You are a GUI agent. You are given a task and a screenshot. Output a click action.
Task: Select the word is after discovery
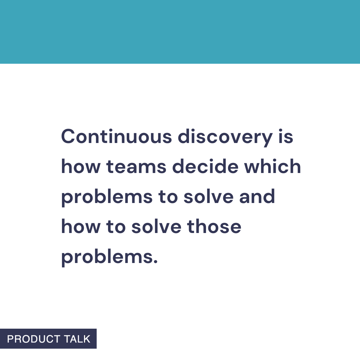click(286, 137)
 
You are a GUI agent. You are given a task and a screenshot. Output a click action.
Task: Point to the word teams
click(136, 167)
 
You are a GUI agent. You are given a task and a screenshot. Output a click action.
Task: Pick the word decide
click(205, 167)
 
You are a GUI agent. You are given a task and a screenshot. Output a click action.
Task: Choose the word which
click(273, 167)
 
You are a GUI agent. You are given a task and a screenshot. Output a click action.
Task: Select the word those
click(214, 227)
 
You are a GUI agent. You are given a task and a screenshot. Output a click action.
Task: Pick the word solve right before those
click(156, 227)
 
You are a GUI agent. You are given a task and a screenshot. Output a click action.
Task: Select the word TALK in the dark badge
click(77, 339)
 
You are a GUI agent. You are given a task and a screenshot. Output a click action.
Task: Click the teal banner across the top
click(180, 32)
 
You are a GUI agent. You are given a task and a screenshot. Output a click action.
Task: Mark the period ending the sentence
click(155, 261)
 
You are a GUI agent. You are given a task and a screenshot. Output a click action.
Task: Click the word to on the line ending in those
click(116, 227)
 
